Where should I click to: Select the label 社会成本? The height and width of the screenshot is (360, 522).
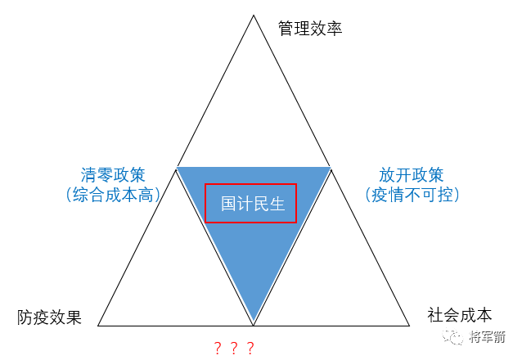pyautogui.click(x=460, y=314)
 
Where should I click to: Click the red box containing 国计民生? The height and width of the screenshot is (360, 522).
pyautogui.click(x=250, y=203)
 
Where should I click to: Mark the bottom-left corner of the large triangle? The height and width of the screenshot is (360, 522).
pyautogui.click(x=98, y=325)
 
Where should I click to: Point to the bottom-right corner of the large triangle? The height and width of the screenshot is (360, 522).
pyautogui.click(x=409, y=325)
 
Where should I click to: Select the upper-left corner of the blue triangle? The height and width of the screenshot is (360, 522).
pyautogui.click(x=178, y=168)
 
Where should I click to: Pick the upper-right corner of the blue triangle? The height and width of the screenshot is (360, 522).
pyautogui.click(x=330, y=168)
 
